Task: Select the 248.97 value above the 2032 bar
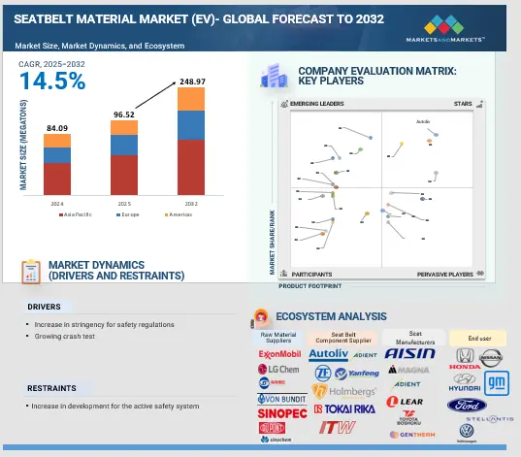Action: pos(190,82)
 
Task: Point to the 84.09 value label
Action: pos(57,128)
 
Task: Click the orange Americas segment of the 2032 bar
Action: pos(190,99)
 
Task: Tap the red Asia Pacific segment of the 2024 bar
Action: pos(57,178)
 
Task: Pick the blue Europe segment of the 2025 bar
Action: pos(123,145)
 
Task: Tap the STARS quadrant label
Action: pos(463,103)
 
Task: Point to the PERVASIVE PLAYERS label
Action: pos(446,275)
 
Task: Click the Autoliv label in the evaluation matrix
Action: pos(422,122)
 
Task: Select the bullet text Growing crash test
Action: pos(64,336)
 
